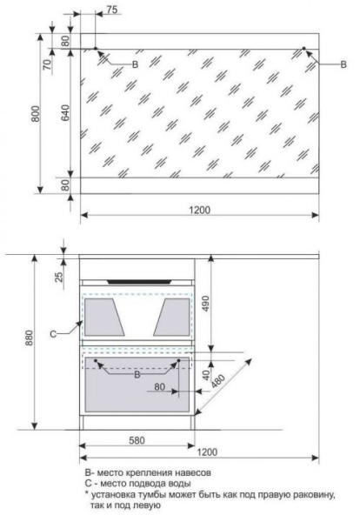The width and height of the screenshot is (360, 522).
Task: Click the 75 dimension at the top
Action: click(x=112, y=10)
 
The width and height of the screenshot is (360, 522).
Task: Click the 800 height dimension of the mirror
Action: click(x=36, y=113)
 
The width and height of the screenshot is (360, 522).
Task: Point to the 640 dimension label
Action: click(x=65, y=112)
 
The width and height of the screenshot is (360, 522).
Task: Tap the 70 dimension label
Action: click(x=48, y=64)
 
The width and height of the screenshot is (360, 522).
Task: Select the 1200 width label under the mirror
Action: click(x=200, y=210)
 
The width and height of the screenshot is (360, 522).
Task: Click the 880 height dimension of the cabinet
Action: click(x=30, y=338)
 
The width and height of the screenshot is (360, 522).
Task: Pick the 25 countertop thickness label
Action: click(x=58, y=277)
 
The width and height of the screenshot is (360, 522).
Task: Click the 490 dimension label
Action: click(x=206, y=304)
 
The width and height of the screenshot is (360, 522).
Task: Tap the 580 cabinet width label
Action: click(x=137, y=440)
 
